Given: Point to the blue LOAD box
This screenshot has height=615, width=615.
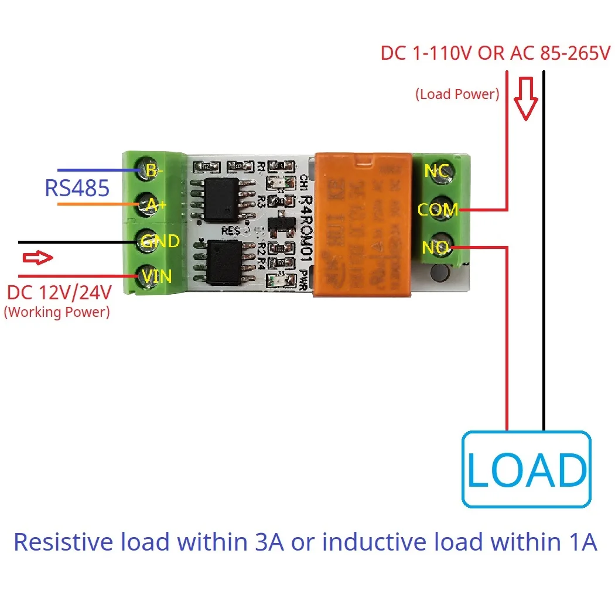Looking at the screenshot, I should tap(526, 469).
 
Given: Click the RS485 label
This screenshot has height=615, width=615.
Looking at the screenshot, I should tap(77, 189).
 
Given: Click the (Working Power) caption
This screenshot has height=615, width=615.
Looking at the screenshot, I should tap(57, 312).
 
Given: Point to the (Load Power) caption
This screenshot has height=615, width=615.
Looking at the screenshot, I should tap(457, 94).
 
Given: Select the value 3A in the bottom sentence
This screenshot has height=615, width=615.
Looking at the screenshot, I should tap(268, 542).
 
